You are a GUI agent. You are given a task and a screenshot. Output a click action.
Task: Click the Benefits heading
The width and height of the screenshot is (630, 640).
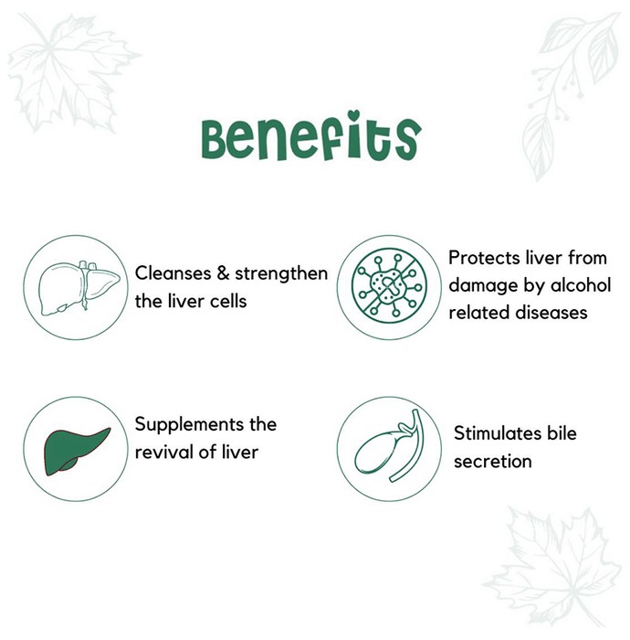point(311,136)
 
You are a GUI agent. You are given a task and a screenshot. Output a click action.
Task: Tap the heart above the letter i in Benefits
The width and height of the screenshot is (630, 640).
point(354,116)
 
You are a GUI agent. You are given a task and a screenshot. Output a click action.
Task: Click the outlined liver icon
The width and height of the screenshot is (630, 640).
point(79,288)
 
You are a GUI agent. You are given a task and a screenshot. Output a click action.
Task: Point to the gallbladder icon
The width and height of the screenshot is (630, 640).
point(389,446)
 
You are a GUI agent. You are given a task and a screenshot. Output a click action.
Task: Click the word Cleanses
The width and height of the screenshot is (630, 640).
point(173,273)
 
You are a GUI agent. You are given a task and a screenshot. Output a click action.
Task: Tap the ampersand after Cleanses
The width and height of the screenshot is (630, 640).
point(223,273)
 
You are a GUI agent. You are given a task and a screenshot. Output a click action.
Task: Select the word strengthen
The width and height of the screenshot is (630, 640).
point(281,273)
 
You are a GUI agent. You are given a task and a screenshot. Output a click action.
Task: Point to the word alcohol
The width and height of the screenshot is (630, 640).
point(581,285)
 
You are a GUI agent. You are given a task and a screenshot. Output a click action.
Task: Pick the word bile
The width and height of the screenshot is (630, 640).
point(562,433)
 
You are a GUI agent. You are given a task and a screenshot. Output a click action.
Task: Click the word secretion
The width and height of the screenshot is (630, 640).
point(493,462)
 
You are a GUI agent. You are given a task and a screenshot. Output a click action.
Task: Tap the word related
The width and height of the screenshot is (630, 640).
point(479,313)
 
